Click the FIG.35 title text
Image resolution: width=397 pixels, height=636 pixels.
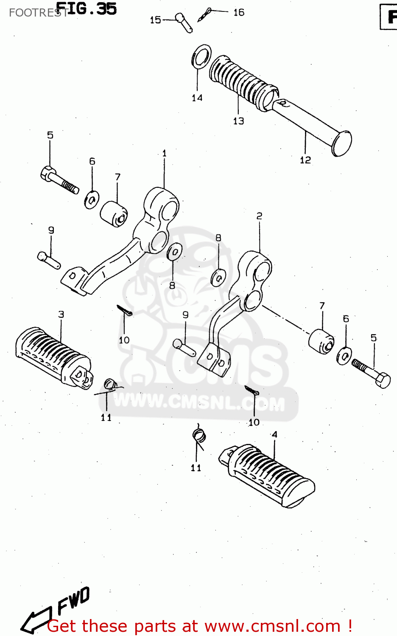pyautogui.click(x=86, y=9)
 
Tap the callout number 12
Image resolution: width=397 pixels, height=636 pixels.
pyautogui.click(x=305, y=160)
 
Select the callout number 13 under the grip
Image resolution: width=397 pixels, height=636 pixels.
pyautogui.click(x=238, y=121)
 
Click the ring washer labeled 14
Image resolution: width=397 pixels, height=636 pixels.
pyautogui.click(x=202, y=56)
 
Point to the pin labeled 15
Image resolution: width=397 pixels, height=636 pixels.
pyautogui.click(x=184, y=22)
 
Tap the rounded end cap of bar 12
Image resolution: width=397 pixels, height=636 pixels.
pyautogui.click(x=342, y=143)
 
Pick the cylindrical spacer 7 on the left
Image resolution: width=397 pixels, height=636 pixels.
pyautogui.click(x=114, y=213)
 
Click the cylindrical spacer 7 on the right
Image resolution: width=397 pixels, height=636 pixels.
pyautogui.click(x=321, y=340)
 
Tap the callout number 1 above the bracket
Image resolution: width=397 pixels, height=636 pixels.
pyautogui.click(x=165, y=153)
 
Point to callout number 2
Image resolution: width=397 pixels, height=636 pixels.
pyautogui.click(x=259, y=216)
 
